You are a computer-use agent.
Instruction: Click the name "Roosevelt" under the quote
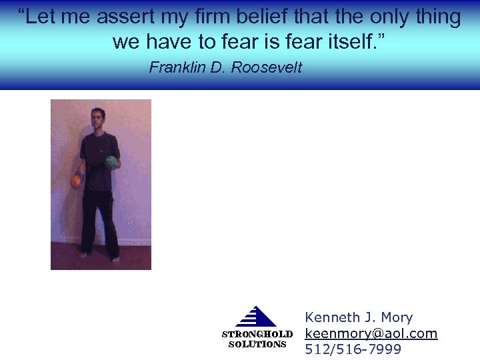click(266, 67)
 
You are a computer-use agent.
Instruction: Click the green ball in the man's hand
click(112, 161)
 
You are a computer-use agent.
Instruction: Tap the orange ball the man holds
click(77, 180)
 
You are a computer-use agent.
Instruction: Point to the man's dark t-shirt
click(99, 160)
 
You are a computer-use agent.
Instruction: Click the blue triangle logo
click(256, 317)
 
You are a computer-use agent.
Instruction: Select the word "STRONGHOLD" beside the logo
click(257, 334)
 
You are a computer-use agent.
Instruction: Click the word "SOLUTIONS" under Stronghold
click(257, 345)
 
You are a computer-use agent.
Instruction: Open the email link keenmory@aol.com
click(371, 333)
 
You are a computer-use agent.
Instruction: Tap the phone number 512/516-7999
click(353, 349)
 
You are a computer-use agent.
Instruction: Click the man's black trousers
click(100, 220)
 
